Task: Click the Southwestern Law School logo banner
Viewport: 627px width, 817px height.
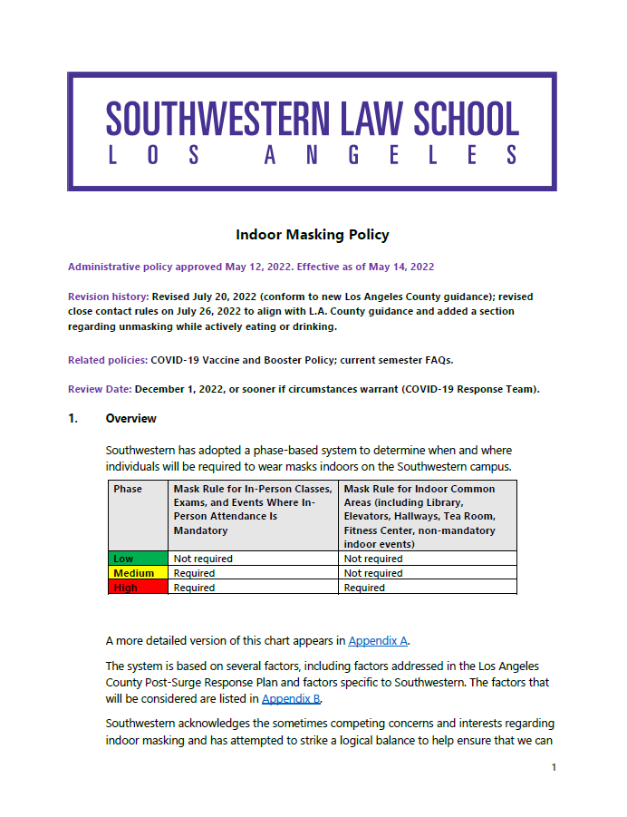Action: [x=313, y=131]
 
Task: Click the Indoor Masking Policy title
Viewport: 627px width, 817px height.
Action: [x=313, y=234]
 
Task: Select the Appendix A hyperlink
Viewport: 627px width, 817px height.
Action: [x=378, y=640]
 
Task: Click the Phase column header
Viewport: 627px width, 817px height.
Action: [x=128, y=489]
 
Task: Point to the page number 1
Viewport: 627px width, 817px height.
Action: [x=554, y=767]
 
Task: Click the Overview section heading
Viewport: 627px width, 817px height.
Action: [x=131, y=418]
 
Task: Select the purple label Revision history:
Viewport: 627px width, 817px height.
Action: [x=109, y=297]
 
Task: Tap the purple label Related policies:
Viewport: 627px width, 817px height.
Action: [x=108, y=360]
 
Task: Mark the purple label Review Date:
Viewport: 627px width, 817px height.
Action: [x=100, y=389]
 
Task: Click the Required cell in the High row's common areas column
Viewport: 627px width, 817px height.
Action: [x=364, y=588]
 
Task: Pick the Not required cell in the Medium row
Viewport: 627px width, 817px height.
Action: [x=373, y=573]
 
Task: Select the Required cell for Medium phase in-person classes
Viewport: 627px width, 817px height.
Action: [x=194, y=573]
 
